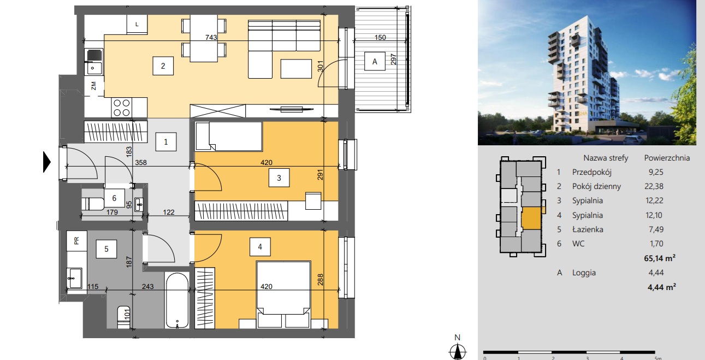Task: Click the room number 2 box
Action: tap(163, 66)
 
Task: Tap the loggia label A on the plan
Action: tap(375, 61)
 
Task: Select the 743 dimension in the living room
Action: tap(211, 38)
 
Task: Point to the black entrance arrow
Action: tap(46, 162)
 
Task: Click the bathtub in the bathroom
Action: tap(177, 300)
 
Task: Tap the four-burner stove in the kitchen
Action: tap(122, 108)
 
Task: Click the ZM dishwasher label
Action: tap(93, 86)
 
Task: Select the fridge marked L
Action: tap(137, 24)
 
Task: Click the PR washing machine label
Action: tap(76, 241)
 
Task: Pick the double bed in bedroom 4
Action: tap(283, 294)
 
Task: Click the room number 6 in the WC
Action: tap(114, 198)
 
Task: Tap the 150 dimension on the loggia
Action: tap(380, 38)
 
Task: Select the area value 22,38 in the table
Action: tap(654, 186)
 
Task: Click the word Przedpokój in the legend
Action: tap(592, 172)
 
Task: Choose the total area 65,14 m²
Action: tap(660, 258)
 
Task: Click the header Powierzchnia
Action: tap(667, 158)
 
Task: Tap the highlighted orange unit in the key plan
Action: tap(531, 219)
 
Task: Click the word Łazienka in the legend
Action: tap(588, 229)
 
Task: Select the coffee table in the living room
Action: tap(296, 69)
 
